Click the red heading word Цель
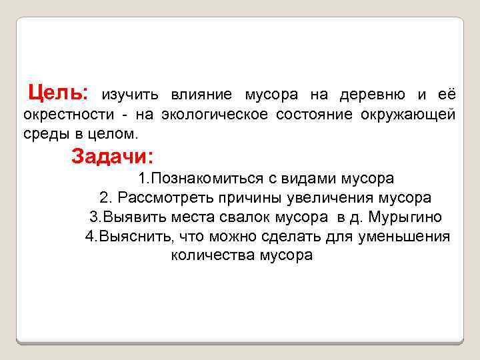[x=59, y=91]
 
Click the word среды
[x=45, y=133]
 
